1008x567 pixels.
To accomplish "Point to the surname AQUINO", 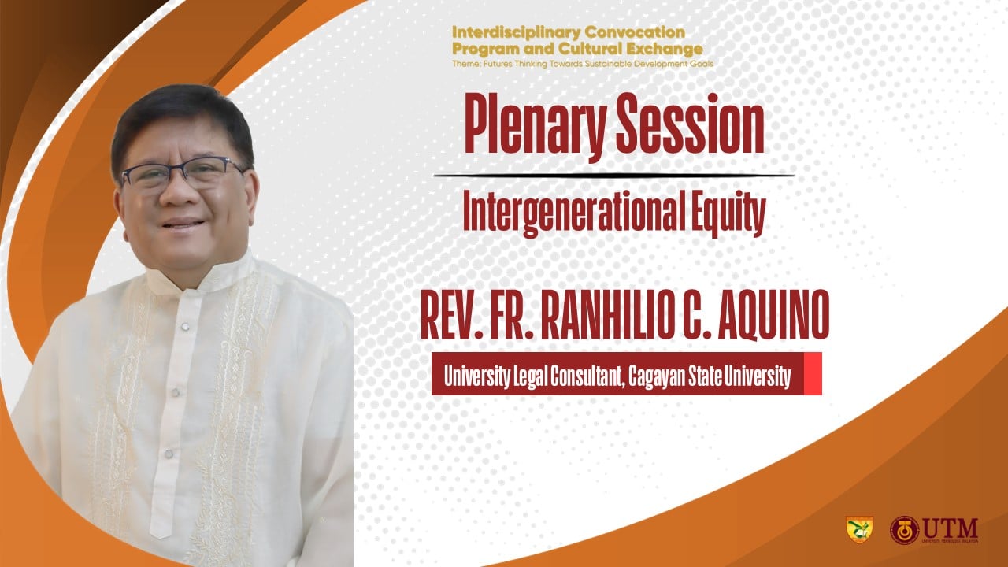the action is click(x=773, y=314).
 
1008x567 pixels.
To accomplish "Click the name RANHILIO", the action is click(x=608, y=314).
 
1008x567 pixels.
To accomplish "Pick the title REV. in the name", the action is click(x=451, y=315).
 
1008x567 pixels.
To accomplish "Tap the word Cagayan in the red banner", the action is click(x=657, y=376).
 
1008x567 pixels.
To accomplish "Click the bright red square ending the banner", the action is click(x=813, y=373).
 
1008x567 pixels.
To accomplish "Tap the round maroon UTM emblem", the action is click(x=905, y=530).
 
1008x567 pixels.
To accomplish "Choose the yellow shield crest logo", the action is click(x=859, y=529).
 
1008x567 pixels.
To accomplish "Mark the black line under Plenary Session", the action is click(x=613, y=175).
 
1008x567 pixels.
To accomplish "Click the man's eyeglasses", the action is click(x=183, y=172).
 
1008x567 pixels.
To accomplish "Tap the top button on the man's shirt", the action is click(x=184, y=326).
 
